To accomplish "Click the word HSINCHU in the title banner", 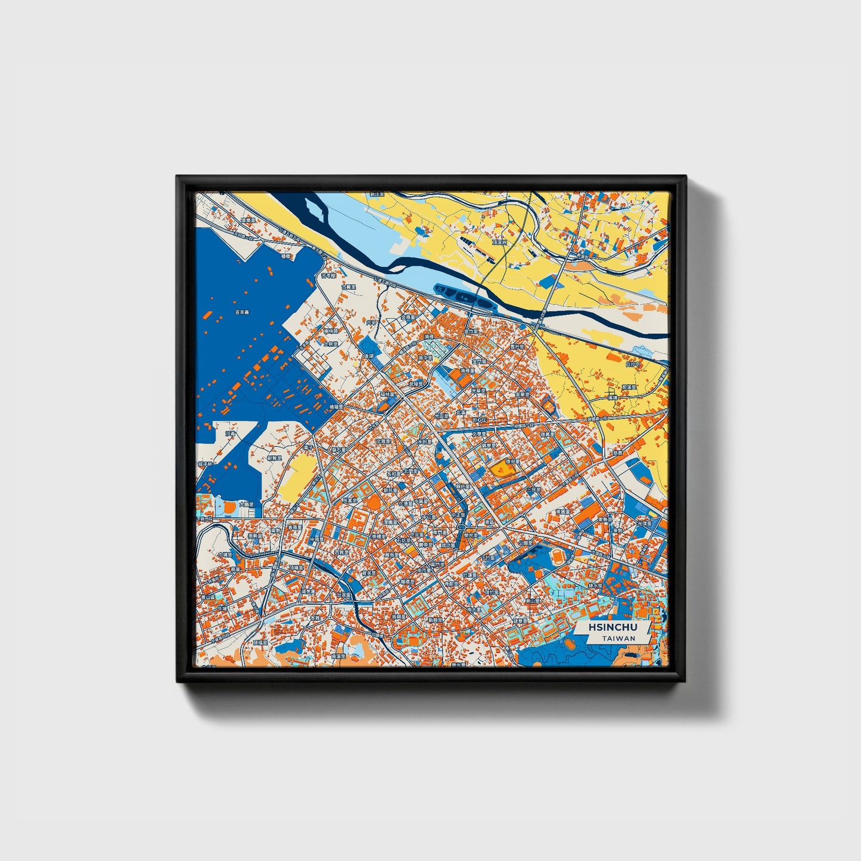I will pos(613,627).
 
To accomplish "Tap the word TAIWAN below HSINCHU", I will pos(618,638).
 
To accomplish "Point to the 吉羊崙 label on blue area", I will pos(241,312).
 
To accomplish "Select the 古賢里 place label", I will pos(349,287).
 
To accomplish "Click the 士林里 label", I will pos(331,344).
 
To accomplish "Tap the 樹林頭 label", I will pos(331,331).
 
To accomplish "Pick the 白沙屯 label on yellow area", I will pos(633,364).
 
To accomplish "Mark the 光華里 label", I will pos(479,391).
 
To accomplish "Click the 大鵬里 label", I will pos(247,504).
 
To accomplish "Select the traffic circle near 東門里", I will pos(462,529).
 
